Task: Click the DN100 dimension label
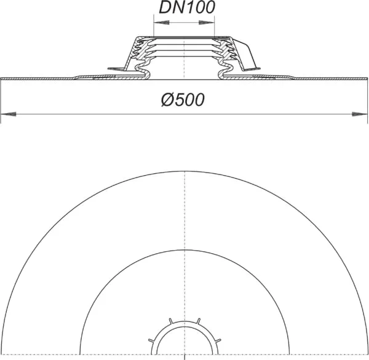184,9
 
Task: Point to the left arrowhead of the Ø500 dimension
7,114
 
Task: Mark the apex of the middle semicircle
184,247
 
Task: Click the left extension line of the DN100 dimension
153,28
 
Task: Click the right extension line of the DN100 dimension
215,28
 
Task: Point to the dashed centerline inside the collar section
184,58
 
